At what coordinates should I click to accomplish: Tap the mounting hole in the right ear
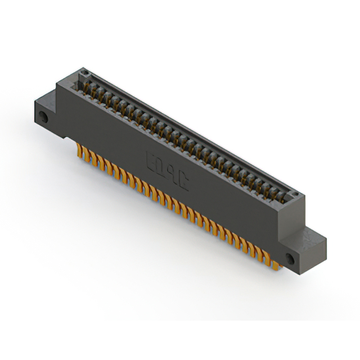290,259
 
